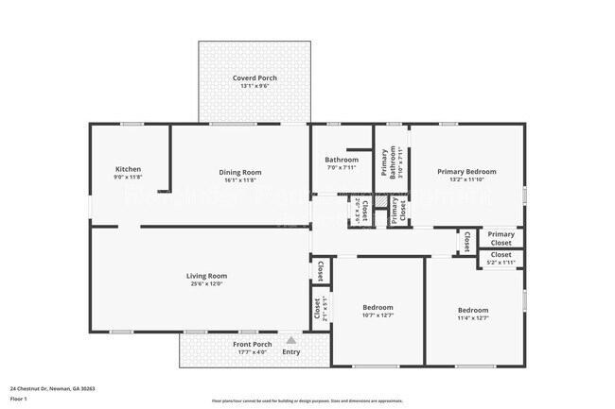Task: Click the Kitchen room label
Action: click(x=128, y=169)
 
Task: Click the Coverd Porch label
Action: click(x=255, y=77)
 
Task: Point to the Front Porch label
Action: click(x=252, y=344)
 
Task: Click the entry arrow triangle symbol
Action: click(x=290, y=340)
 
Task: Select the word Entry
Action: click(x=290, y=352)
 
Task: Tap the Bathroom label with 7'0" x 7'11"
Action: click(x=342, y=160)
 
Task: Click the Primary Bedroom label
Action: click(x=466, y=172)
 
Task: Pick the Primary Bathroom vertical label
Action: click(x=385, y=163)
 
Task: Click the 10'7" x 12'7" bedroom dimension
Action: click(x=378, y=315)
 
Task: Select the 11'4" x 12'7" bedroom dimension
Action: click(x=473, y=318)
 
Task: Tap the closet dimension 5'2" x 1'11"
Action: click(x=501, y=263)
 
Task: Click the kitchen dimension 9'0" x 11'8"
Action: click(x=128, y=178)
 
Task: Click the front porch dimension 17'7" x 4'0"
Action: click(x=252, y=352)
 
